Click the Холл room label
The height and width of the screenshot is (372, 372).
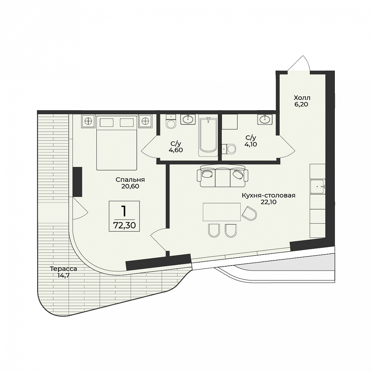(x=302, y=98)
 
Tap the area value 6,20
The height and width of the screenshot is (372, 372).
(x=301, y=104)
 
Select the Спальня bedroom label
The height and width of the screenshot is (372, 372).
(x=130, y=180)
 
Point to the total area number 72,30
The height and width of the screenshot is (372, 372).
(x=125, y=225)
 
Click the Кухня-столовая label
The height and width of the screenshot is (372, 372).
(x=269, y=196)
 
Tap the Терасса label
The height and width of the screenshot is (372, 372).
(x=63, y=269)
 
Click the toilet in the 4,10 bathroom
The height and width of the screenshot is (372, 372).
(x=229, y=149)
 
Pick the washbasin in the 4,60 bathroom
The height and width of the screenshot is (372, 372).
(x=188, y=119)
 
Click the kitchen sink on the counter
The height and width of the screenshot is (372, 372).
(x=318, y=187)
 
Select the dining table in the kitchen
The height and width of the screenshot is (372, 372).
(x=221, y=212)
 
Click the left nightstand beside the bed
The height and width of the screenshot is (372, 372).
(x=88, y=121)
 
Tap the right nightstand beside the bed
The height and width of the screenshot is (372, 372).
(x=145, y=121)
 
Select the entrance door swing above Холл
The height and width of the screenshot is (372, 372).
(x=299, y=63)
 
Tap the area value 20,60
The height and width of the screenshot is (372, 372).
(x=130, y=186)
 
